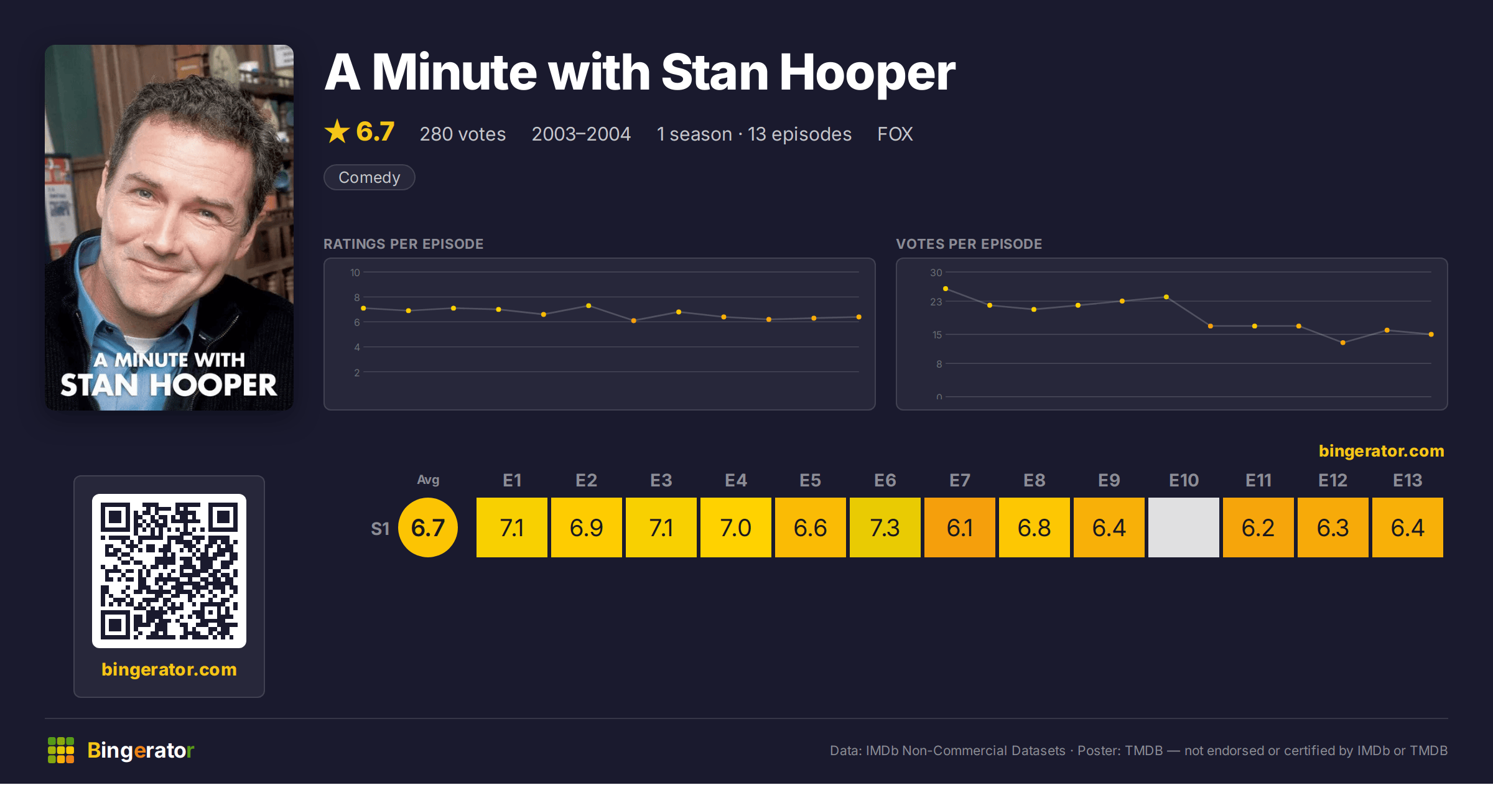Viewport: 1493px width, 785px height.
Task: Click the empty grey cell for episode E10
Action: click(1183, 527)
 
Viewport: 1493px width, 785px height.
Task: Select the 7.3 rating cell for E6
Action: click(885, 527)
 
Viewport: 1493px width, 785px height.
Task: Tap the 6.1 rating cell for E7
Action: click(959, 527)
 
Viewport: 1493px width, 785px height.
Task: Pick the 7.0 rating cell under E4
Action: click(735, 527)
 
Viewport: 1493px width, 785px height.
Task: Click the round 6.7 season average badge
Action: click(428, 527)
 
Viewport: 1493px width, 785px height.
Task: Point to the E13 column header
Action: click(1407, 480)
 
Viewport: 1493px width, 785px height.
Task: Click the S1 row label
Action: click(380, 529)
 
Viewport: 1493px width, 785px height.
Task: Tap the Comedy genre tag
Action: click(369, 177)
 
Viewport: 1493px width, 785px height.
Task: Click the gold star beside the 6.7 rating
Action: click(337, 131)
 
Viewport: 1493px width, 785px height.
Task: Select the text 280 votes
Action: click(463, 134)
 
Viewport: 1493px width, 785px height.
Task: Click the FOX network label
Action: click(895, 134)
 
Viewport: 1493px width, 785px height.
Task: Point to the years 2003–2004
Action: click(581, 134)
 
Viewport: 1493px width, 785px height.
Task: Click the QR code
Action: click(169, 571)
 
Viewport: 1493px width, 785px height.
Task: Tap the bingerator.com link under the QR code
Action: click(169, 669)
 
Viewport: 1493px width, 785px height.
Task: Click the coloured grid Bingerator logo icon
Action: click(61, 750)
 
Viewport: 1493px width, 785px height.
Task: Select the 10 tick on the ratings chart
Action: click(355, 272)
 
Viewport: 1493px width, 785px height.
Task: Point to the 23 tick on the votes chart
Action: click(936, 302)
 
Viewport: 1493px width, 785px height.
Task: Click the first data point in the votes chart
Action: click(946, 289)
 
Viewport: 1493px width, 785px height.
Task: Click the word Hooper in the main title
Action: click(867, 73)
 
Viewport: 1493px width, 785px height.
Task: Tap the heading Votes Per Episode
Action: click(969, 244)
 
